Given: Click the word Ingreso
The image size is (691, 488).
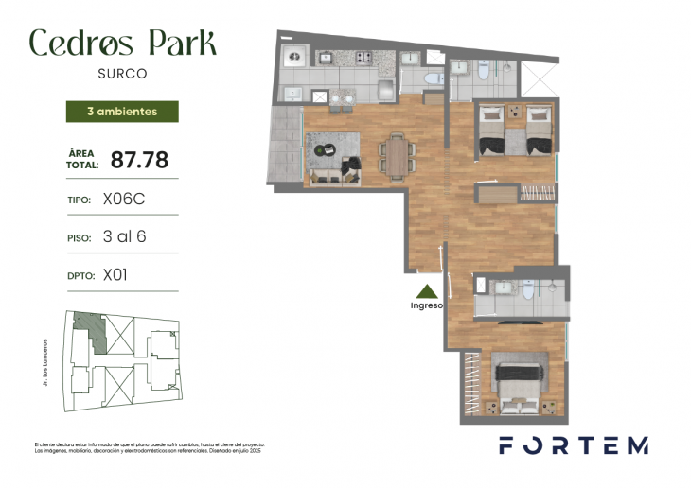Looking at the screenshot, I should pyautogui.click(x=427, y=305).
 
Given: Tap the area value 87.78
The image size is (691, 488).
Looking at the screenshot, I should pyautogui.click(x=133, y=159).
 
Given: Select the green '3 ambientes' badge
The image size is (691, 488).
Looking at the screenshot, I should pyautogui.click(x=122, y=111).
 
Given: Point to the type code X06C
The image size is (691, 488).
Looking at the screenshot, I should pyautogui.click(x=123, y=200).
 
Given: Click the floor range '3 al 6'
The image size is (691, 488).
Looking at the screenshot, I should pyautogui.click(x=124, y=237).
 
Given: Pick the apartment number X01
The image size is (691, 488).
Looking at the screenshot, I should pyautogui.click(x=115, y=276).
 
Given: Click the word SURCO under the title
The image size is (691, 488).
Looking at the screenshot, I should pyautogui.click(x=122, y=72).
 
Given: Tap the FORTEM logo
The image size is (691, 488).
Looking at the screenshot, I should pyautogui.click(x=574, y=444).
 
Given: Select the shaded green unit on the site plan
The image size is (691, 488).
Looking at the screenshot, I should pyautogui.click(x=87, y=327).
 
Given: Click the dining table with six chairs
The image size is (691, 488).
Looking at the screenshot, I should pyautogui.click(x=396, y=154).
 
